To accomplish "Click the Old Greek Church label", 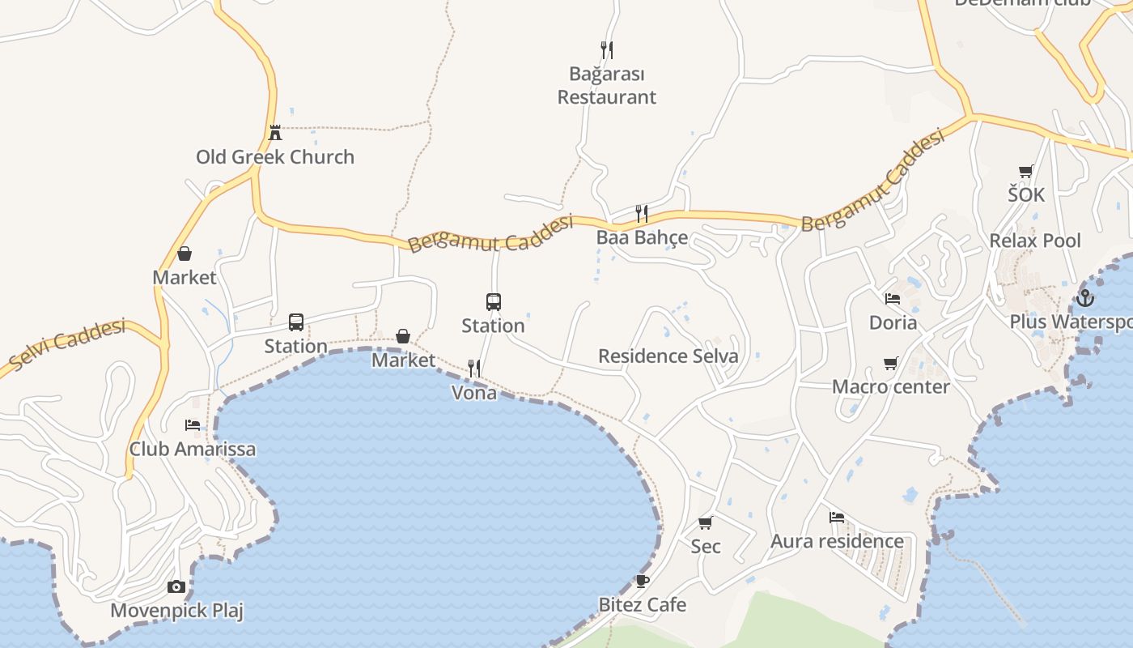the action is [x=275, y=157].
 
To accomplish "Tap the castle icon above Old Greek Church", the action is [x=275, y=132].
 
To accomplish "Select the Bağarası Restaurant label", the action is [x=607, y=85].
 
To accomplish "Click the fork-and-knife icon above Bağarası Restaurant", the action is [x=606, y=50].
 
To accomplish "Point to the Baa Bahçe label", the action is [x=642, y=237].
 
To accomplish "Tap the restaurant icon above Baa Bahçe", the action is [x=641, y=214].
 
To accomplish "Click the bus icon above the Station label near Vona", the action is [x=494, y=302].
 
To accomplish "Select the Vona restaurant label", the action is [x=474, y=393].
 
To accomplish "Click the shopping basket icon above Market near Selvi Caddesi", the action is [x=185, y=254].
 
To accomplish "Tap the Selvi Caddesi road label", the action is [x=69, y=343].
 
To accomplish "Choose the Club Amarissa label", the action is [x=193, y=449].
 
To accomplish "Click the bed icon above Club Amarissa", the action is [x=193, y=424].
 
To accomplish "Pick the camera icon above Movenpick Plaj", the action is [x=176, y=586].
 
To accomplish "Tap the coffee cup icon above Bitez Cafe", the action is [x=642, y=581].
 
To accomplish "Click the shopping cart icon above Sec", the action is [x=705, y=522].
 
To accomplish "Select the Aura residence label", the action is [x=837, y=541].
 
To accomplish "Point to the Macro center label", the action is [x=891, y=386].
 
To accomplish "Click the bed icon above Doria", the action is [x=893, y=299].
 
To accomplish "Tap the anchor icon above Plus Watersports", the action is [x=1084, y=298].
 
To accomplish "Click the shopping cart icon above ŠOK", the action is [x=1026, y=171].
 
